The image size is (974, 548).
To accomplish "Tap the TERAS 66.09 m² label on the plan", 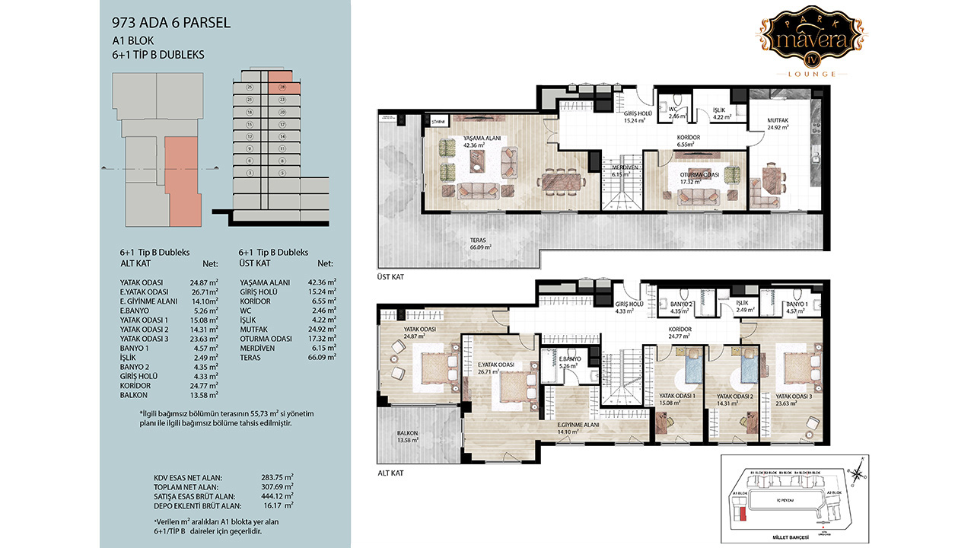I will pos(477,243).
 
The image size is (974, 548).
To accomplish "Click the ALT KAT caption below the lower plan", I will pos(390,473).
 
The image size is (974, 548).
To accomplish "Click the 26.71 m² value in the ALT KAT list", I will pos(204,292).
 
